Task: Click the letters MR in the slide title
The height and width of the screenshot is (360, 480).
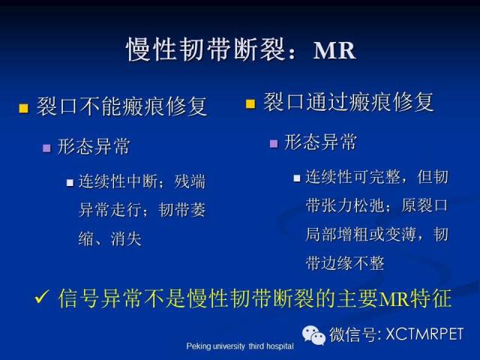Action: click(x=334, y=50)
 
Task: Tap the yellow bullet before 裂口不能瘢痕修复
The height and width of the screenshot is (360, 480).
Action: click(x=23, y=108)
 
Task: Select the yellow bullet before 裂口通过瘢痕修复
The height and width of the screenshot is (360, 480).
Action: click(x=250, y=104)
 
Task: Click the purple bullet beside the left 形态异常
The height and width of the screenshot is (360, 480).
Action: click(x=46, y=148)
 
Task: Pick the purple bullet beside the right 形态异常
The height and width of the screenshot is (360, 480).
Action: click(x=274, y=144)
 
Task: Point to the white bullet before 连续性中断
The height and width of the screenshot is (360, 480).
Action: click(x=70, y=183)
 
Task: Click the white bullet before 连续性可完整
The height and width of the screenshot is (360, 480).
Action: click(x=297, y=178)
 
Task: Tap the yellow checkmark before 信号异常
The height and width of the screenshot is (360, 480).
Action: click(x=41, y=297)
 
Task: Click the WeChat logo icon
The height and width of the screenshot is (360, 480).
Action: click(x=313, y=335)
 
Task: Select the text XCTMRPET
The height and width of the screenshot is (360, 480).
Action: click(x=424, y=334)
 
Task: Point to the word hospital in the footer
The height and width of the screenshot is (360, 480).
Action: click(x=280, y=346)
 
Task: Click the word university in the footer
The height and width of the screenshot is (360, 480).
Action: click(x=229, y=346)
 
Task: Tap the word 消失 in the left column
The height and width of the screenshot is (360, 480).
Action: click(x=126, y=239)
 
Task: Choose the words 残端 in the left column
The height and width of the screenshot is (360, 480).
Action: click(x=190, y=181)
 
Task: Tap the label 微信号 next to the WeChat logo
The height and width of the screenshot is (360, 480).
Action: click(x=352, y=334)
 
